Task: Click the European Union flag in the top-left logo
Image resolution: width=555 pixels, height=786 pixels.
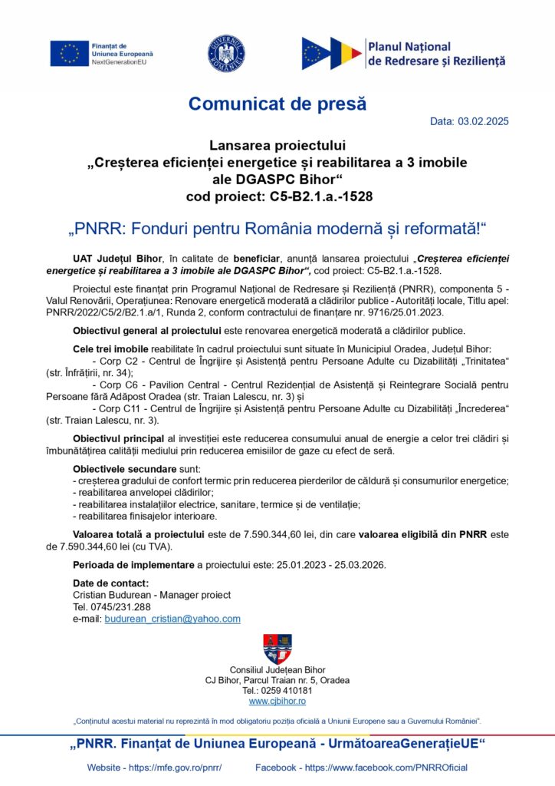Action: pyautogui.click(x=69, y=53)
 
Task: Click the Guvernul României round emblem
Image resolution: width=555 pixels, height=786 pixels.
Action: pyautogui.click(x=226, y=53)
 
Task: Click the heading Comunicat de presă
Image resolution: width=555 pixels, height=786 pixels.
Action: pyautogui.click(x=277, y=103)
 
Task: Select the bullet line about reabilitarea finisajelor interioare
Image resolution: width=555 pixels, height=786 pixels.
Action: pyautogui.click(x=143, y=517)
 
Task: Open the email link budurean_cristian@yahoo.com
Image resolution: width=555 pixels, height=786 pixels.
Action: pyautogui.click(x=172, y=619)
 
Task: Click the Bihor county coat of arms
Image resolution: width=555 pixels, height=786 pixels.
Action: pyautogui.click(x=277, y=649)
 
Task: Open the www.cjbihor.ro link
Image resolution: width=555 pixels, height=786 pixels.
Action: pyautogui.click(x=277, y=701)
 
